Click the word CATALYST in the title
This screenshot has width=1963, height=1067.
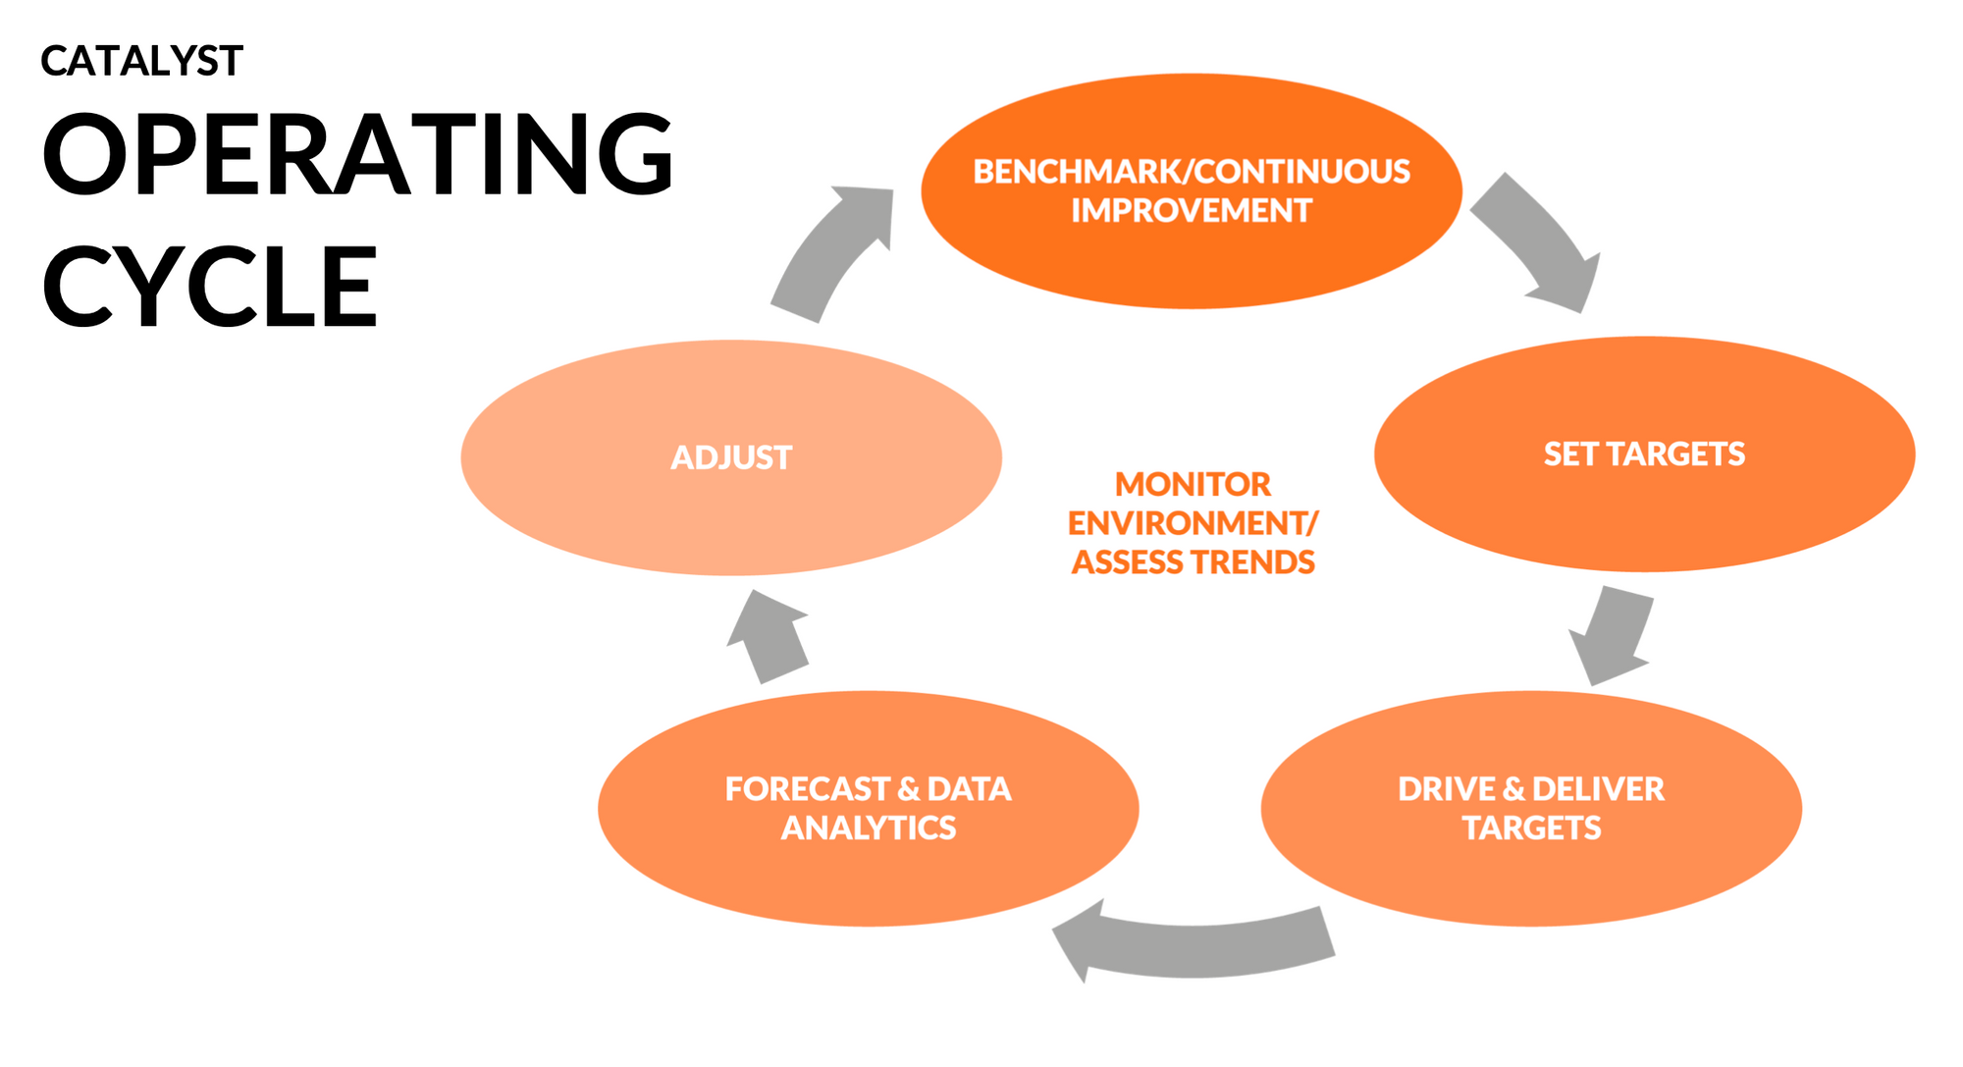[x=141, y=62]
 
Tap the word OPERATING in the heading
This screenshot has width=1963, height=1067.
[x=358, y=155]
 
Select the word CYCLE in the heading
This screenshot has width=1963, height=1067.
[x=209, y=287]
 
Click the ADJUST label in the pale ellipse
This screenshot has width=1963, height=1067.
[x=731, y=457]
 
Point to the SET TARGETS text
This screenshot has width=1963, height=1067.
[x=1644, y=453]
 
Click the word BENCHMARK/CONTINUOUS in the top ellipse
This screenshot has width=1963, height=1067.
[x=1191, y=172]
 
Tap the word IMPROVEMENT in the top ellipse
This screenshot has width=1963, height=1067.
[x=1191, y=211]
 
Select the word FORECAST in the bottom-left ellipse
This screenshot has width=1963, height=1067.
[x=807, y=789]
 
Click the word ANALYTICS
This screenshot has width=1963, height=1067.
[x=868, y=828]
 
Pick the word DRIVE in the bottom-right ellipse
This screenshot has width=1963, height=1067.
[x=1446, y=789]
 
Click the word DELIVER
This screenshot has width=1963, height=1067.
[x=1598, y=789]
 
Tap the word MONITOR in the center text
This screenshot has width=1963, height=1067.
[x=1193, y=484]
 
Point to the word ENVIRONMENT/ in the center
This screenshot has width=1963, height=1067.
[x=1193, y=523]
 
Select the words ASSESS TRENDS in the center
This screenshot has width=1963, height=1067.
[x=1193, y=562]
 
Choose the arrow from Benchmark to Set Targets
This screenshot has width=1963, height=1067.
[x=1536, y=240]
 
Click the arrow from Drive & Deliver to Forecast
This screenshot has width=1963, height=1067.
[x=1193, y=947]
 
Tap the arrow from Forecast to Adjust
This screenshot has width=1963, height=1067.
[x=770, y=638]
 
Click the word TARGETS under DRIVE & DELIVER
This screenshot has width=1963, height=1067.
[x=1531, y=828]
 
